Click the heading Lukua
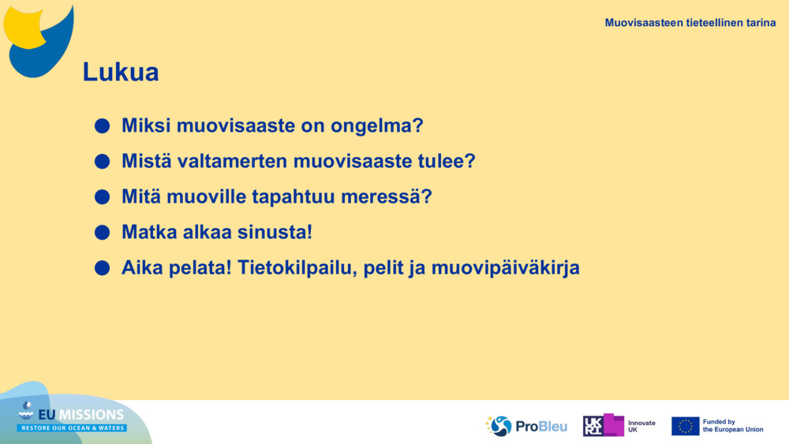click(x=121, y=72)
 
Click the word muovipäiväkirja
click(x=505, y=268)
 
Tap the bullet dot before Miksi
click(x=102, y=125)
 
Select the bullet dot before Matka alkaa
click(x=102, y=233)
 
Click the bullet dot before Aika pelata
click(x=102, y=268)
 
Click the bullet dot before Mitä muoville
click(x=102, y=196)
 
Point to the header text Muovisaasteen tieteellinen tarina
click(x=690, y=23)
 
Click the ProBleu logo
click(x=526, y=426)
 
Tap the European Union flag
click(x=685, y=426)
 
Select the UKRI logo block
click(x=603, y=425)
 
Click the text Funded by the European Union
click(x=733, y=426)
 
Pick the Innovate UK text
click(x=641, y=427)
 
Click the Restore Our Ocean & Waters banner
click(x=72, y=428)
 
